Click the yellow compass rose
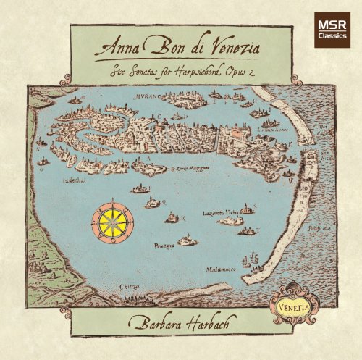(113, 220)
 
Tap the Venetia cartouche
(289, 298)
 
